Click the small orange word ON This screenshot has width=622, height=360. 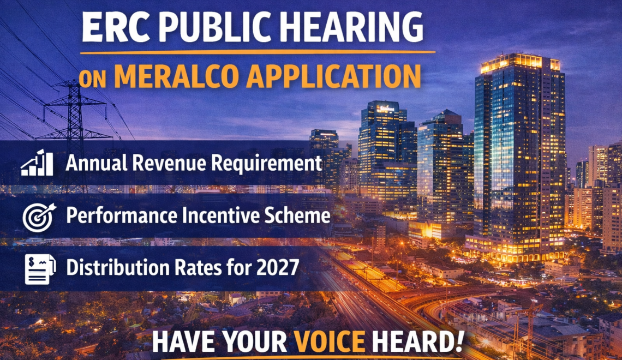click(92, 79)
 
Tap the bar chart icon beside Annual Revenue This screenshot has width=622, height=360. click(37, 163)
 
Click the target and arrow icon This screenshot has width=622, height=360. click(39, 217)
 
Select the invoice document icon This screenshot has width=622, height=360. click(40, 269)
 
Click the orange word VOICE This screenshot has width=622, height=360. click(329, 341)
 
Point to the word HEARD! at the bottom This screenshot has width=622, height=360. click(417, 341)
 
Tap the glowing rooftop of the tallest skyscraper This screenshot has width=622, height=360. click(519, 63)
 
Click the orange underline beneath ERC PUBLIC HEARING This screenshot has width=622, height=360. click(258, 52)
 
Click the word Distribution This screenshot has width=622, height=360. click(117, 268)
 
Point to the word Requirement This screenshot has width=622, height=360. click(266, 164)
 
